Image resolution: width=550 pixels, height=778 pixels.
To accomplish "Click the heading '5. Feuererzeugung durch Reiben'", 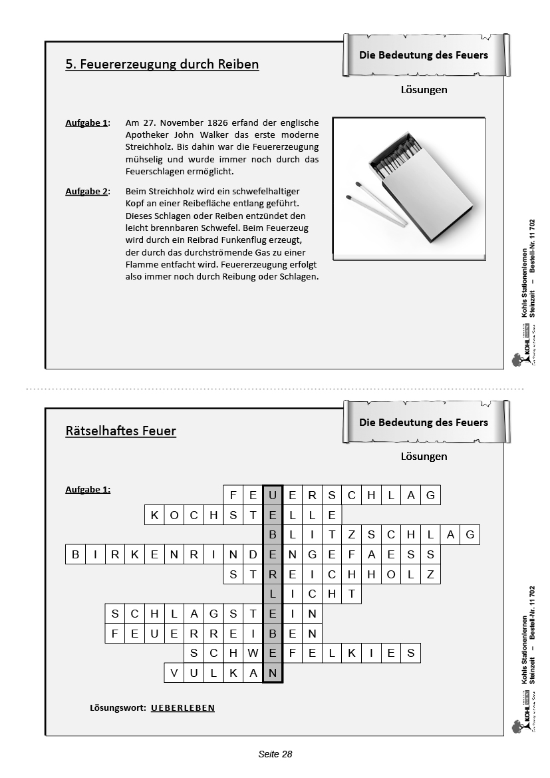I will (162, 65).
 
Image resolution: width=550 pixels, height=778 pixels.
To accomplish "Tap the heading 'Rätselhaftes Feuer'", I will (120, 431).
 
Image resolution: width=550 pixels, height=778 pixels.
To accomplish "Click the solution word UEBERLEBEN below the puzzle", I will (183, 707).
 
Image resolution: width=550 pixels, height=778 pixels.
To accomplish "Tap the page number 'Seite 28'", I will (275, 754).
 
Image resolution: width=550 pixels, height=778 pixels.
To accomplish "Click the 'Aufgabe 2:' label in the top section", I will (87, 192).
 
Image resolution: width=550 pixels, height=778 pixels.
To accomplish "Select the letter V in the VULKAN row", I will (174, 673).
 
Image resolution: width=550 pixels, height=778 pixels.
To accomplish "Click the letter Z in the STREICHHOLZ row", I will (431, 574).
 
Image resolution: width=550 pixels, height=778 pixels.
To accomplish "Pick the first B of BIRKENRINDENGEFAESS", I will (75, 554).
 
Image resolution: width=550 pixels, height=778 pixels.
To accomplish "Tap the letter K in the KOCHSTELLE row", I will (154, 514).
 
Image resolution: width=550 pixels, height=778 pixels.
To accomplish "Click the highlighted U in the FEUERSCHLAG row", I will (273, 494).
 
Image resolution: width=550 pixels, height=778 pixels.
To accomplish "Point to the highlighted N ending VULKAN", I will (273, 673).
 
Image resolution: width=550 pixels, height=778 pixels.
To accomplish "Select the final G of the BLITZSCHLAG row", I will (470, 534).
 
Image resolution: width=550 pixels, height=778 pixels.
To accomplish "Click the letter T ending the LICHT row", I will (352, 594).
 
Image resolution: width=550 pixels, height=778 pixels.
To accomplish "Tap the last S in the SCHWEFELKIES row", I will (411, 653).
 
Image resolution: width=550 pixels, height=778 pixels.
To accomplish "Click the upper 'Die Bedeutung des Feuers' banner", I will (424, 55).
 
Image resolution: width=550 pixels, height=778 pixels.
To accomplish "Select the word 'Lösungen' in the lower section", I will (424, 457).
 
